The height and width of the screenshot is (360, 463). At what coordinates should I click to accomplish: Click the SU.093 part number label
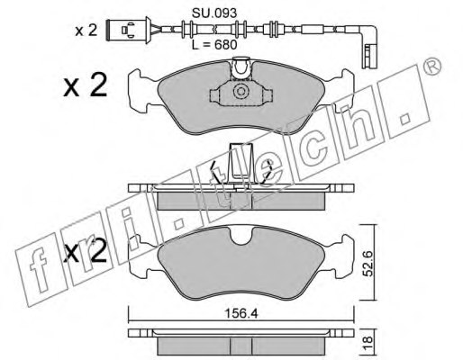(x=214, y=13)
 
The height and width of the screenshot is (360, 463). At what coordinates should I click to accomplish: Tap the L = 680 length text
(x=214, y=45)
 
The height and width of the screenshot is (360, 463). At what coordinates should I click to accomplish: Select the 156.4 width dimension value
(x=241, y=314)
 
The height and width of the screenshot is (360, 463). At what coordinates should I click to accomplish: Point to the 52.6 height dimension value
(x=368, y=264)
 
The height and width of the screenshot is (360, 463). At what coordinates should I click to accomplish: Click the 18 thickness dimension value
(x=368, y=343)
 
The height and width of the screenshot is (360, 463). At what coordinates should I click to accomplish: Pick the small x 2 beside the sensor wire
(x=86, y=31)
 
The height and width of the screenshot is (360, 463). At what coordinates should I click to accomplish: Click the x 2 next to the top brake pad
(x=86, y=85)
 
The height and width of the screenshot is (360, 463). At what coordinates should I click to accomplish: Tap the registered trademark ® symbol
(x=432, y=67)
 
